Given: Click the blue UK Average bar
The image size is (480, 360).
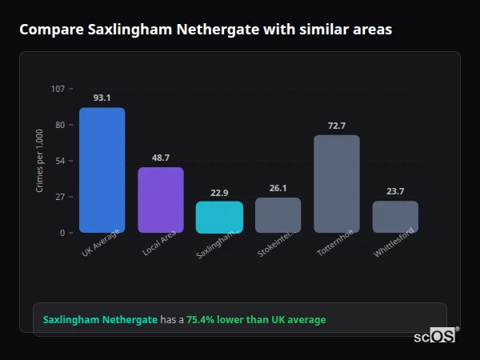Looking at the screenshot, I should [102, 170].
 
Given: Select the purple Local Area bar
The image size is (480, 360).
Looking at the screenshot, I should [161, 200].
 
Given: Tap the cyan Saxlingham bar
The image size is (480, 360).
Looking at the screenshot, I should [219, 217].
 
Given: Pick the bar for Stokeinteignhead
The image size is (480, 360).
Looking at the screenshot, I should [278, 215].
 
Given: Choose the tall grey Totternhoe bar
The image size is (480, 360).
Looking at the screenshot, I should [337, 184].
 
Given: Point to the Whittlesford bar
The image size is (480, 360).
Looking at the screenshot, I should [395, 217].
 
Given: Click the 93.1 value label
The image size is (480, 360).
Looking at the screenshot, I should [102, 98].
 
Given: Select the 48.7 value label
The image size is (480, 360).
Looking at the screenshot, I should [161, 158].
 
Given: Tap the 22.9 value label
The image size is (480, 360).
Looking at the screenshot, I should [219, 192].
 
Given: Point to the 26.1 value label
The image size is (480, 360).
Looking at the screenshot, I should [278, 188].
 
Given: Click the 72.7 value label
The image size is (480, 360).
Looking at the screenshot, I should [337, 126].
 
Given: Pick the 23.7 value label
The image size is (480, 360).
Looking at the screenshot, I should [395, 191].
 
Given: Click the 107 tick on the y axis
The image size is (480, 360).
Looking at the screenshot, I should [58, 89].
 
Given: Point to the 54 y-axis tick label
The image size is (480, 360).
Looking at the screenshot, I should [60, 161].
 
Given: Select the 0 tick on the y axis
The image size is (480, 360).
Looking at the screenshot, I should [62, 233].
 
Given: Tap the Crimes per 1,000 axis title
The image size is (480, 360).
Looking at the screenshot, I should [40, 161].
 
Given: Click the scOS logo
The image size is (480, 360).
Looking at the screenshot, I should [434, 336].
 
